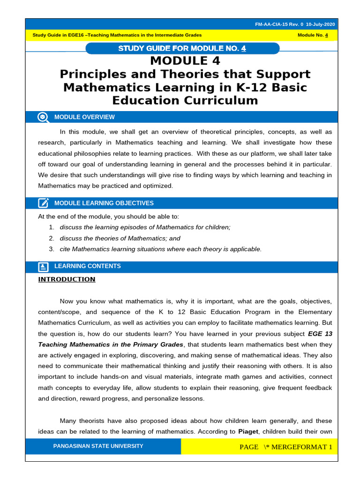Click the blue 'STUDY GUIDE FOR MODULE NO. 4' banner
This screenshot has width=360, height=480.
click(182, 48)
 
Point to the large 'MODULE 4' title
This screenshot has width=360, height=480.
click(185, 61)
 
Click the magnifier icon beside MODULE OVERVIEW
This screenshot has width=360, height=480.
click(43, 117)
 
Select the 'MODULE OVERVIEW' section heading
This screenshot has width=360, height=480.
click(84, 117)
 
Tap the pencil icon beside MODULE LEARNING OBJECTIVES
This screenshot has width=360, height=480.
click(43, 203)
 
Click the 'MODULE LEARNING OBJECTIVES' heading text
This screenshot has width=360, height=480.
click(104, 203)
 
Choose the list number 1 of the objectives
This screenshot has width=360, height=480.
click(51, 227)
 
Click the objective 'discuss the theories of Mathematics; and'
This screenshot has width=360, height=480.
click(120, 238)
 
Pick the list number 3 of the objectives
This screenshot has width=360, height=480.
click(51, 249)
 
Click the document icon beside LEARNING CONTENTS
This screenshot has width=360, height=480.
click(43, 266)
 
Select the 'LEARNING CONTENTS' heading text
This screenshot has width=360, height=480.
click(87, 266)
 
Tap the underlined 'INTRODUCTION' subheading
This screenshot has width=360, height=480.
click(67, 279)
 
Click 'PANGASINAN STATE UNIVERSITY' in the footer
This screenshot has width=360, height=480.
click(98, 446)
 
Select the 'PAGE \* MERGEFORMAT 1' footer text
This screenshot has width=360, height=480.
click(285, 447)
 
